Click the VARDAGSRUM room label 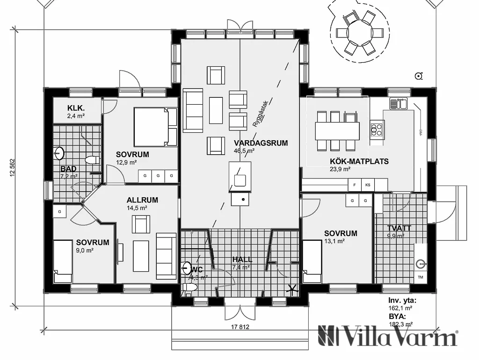pyautogui.click(x=261, y=143)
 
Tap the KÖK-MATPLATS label pyautogui.click(x=359, y=162)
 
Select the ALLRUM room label pyautogui.click(x=142, y=200)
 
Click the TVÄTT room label pyautogui.click(x=399, y=228)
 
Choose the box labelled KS pyautogui.click(x=367, y=185)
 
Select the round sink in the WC pyautogui.click(x=187, y=268)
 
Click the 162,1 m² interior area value pyautogui.click(x=400, y=309)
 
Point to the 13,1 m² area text pyautogui.click(x=334, y=241)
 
